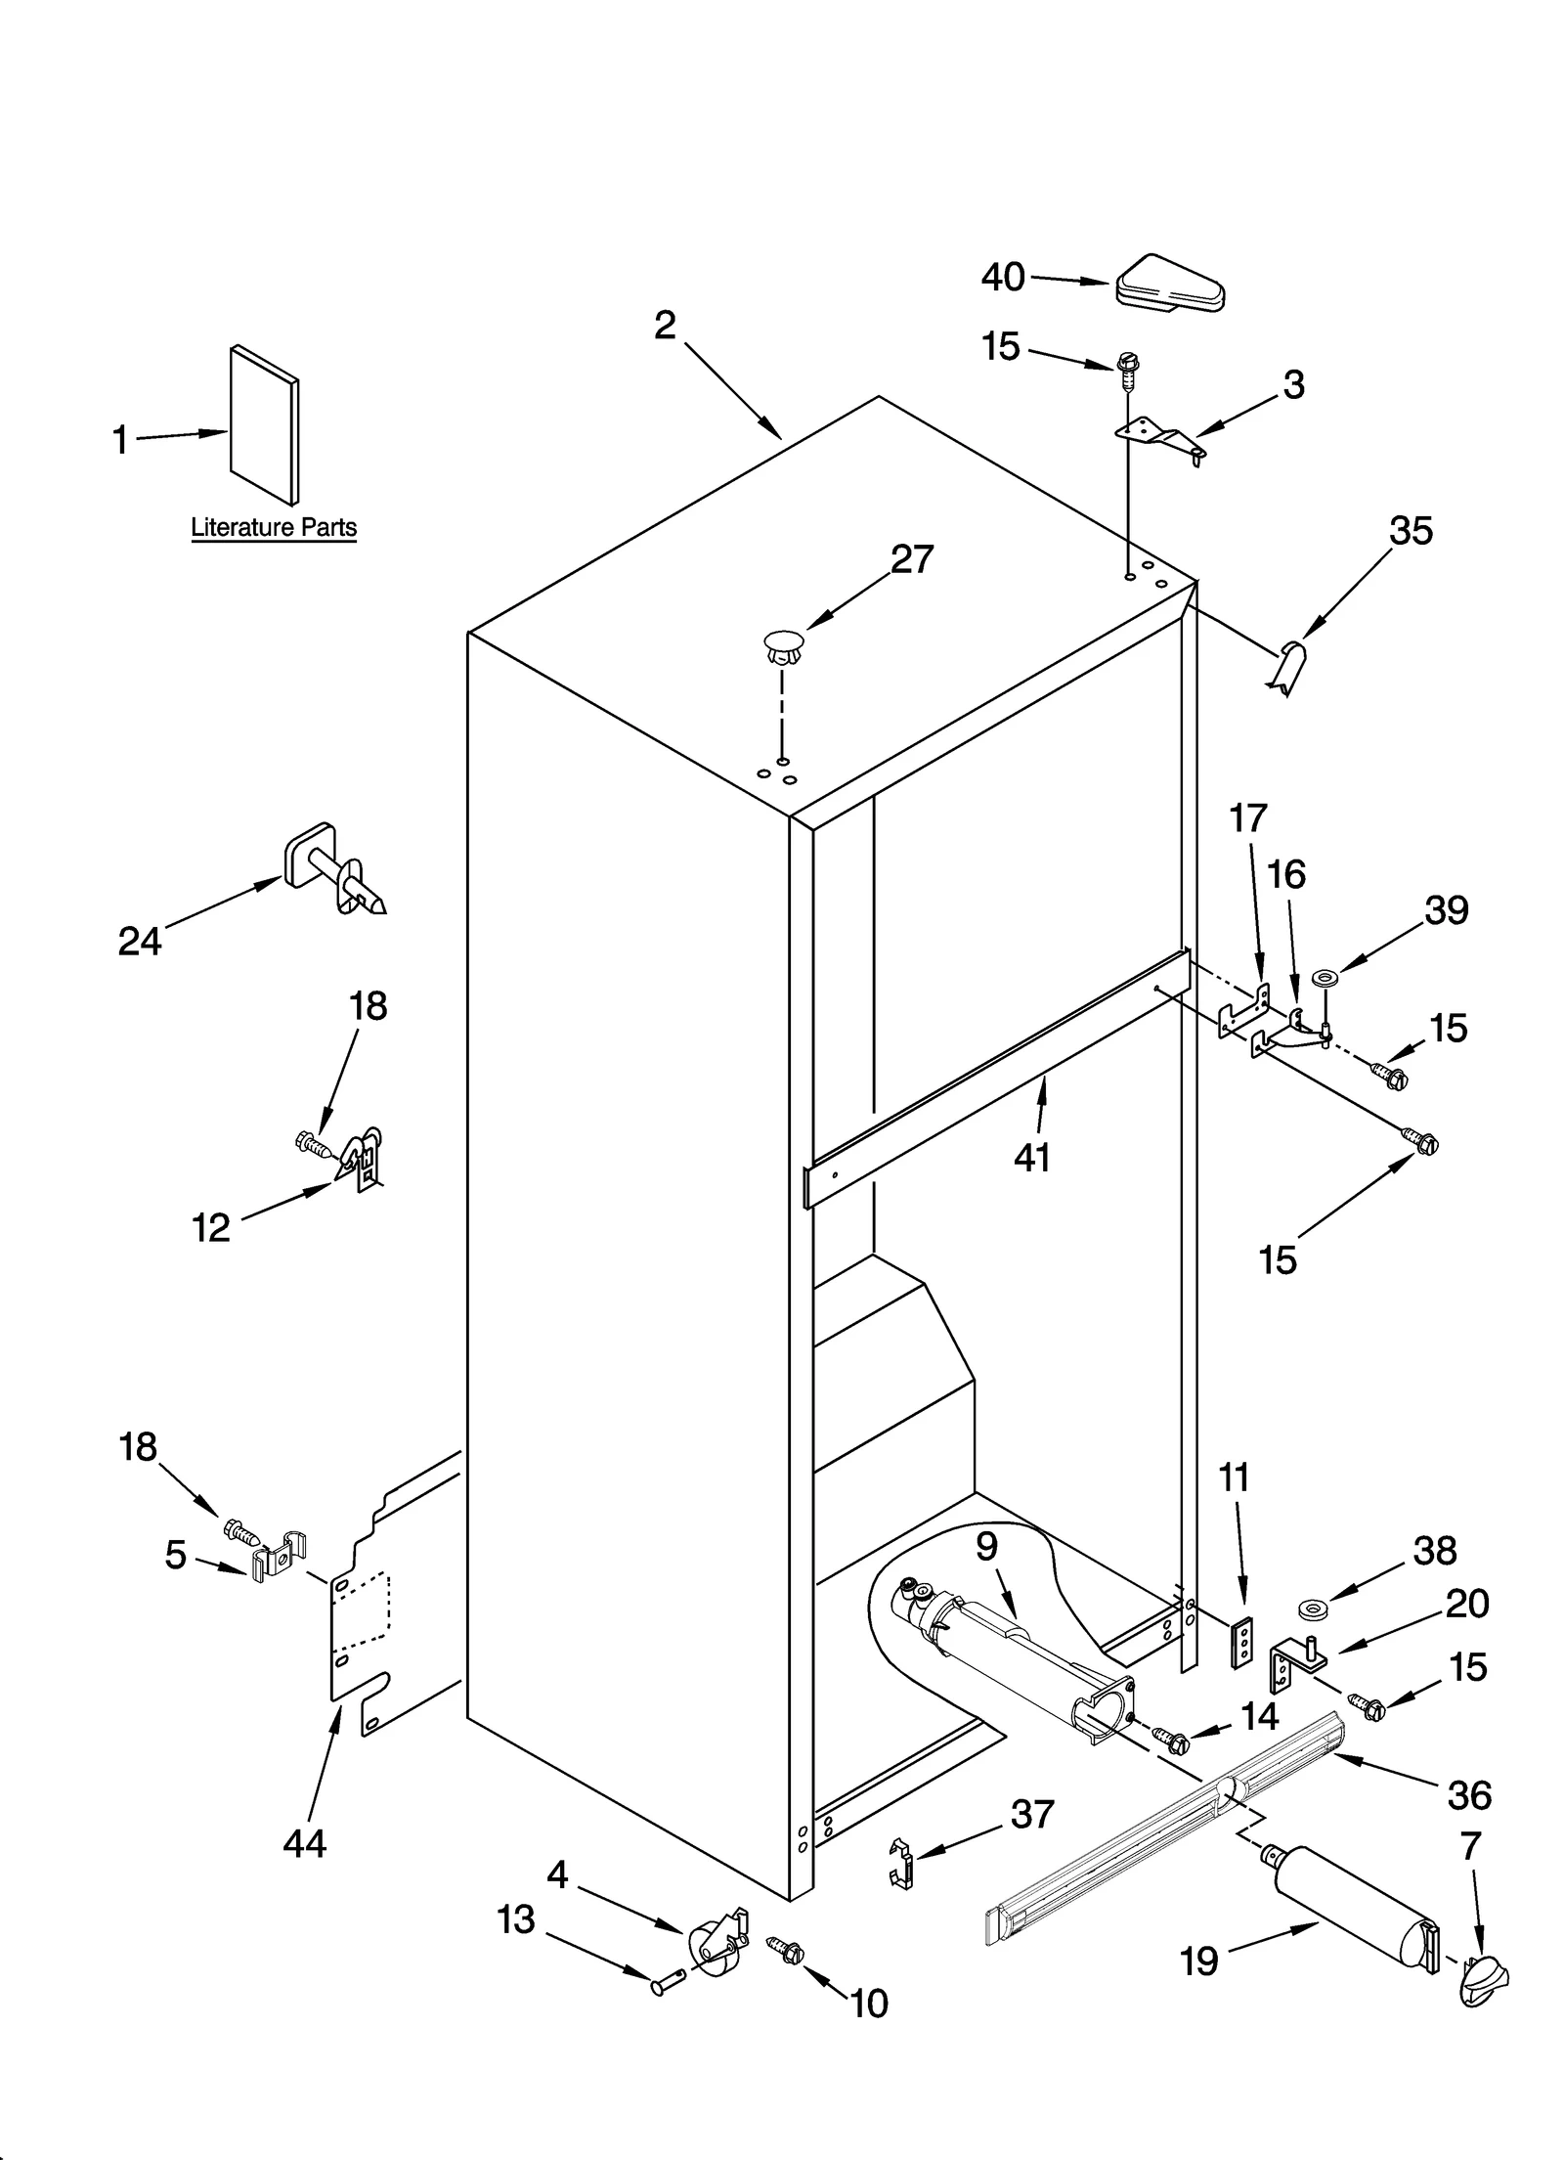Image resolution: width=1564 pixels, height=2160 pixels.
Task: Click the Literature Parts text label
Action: coord(274,528)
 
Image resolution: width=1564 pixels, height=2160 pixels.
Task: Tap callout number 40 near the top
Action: coord(1003,278)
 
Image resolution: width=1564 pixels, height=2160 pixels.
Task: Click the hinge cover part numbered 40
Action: coord(1169,287)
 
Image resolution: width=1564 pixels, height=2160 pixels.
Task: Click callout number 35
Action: coord(1411,531)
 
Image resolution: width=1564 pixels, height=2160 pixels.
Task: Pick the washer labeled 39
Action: coord(1326,977)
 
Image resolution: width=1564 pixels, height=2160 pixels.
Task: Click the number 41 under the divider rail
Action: coord(1032,1157)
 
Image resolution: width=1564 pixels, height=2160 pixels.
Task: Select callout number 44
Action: coord(304,1843)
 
